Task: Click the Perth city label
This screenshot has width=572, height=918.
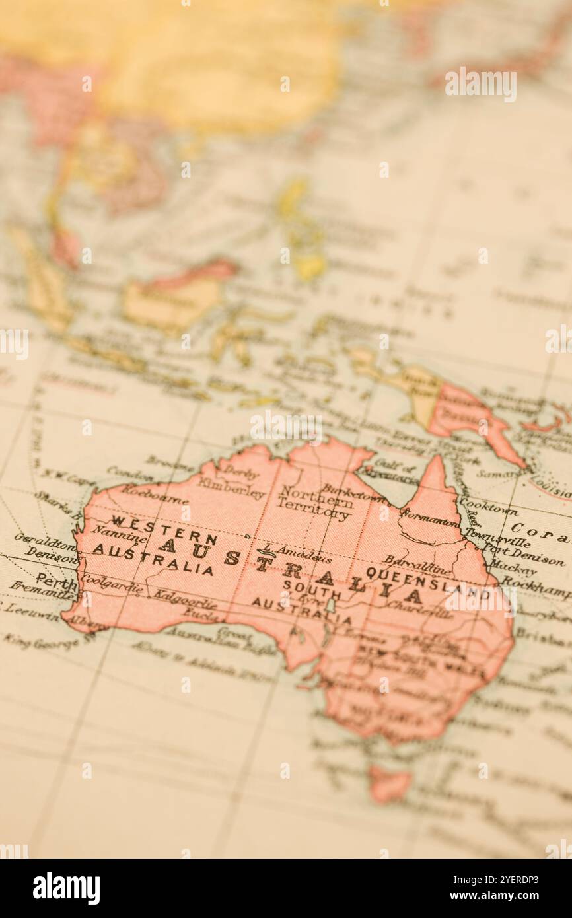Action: click(x=56, y=581)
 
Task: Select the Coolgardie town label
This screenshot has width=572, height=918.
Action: click(x=111, y=584)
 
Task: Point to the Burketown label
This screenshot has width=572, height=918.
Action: click(x=353, y=493)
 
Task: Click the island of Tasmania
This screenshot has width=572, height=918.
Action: click(x=388, y=784)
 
